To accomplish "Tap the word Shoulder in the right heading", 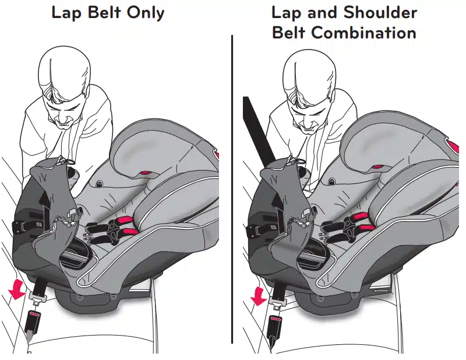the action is coord(380,12).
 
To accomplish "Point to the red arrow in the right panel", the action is coord(258,296).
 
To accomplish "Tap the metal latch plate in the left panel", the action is coord(38,297).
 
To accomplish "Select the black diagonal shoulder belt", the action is coord(259,130).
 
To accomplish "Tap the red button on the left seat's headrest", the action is coord(146,172).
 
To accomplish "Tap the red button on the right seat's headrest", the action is coord(377,167).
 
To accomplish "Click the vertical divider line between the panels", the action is coord(232,189).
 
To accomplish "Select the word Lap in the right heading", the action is coord(287,13).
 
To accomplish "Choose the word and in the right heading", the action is coord(323,12).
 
